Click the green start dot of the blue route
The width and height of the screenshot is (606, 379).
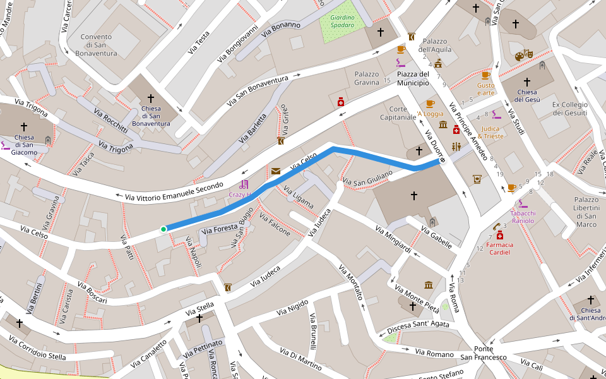pyautogui.click(x=163, y=229)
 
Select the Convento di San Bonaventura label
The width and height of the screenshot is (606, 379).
pyautogui.click(x=99, y=45)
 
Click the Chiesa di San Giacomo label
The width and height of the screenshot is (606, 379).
pyautogui.click(x=24, y=145)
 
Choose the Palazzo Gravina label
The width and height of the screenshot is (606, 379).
pyautogui.click(x=367, y=78)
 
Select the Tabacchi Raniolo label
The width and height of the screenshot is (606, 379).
pyautogui.click(x=523, y=217)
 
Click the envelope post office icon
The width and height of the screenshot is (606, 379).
pyautogui.click(x=276, y=171)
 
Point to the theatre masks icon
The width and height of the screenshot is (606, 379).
pyautogui.click(x=524, y=55)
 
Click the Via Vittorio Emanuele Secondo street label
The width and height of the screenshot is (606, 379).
pyautogui.click(x=174, y=192)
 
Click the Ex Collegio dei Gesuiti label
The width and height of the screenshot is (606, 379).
pyautogui.click(x=570, y=109)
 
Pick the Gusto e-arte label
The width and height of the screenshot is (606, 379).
pyautogui.click(x=485, y=89)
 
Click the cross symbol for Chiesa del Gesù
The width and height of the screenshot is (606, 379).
pyautogui.click(x=527, y=82)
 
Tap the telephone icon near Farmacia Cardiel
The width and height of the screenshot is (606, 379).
pyautogui.click(x=497, y=226)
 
